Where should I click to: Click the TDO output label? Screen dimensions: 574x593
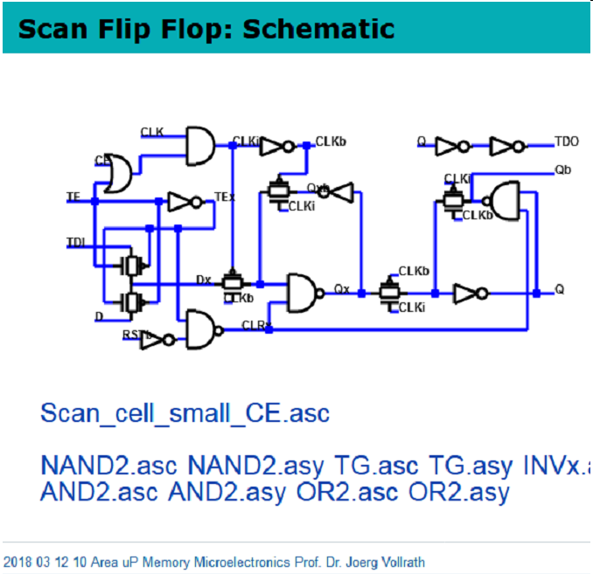point(566,141)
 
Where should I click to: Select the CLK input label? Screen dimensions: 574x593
point(151,131)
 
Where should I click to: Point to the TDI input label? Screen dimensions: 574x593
point(76,241)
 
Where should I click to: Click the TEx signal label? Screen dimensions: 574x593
point(225,198)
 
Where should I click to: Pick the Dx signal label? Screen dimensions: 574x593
point(204,280)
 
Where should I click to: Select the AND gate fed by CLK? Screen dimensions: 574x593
point(200,144)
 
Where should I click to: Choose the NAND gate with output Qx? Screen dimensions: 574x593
point(302,293)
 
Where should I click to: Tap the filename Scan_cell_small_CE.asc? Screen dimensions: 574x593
point(185,412)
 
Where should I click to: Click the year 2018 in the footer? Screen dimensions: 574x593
point(17,562)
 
